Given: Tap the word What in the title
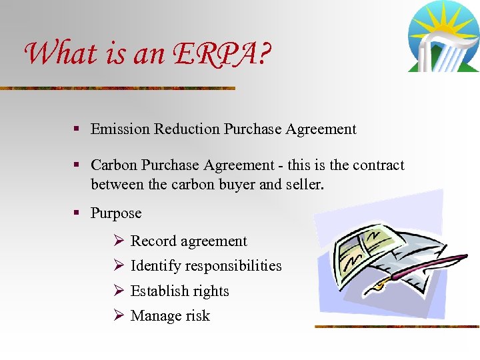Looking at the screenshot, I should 55,53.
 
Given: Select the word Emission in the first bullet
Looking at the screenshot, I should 120,129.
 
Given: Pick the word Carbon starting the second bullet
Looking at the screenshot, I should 112,165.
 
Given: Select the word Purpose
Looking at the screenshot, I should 116,213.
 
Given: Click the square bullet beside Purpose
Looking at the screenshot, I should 77,213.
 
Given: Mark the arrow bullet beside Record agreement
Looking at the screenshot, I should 117,241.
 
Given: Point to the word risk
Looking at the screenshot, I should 197,316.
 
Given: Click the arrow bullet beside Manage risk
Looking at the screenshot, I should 117,316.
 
